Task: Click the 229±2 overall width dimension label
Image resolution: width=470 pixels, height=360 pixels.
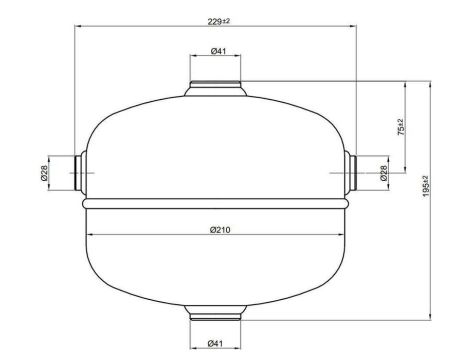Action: pyautogui.click(x=219, y=22)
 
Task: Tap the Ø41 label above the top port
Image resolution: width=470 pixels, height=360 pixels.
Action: pyautogui.click(x=219, y=51)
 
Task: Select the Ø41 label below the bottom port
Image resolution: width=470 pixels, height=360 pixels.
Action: pyautogui.click(x=215, y=343)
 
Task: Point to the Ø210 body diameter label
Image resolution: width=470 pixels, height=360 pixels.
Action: pyautogui.click(x=220, y=230)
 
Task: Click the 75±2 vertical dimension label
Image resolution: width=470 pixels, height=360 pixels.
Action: pyautogui.click(x=401, y=127)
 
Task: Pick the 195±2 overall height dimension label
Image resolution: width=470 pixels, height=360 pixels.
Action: pyautogui.click(x=426, y=186)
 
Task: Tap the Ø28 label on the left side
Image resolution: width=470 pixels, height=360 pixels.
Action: pyautogui.click(x=44, y=173)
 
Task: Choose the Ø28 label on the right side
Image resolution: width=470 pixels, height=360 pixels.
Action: pyautogui.click(x=384, y=173)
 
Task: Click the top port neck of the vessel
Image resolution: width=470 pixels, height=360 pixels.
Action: pyautogui.click(x=215, y=88)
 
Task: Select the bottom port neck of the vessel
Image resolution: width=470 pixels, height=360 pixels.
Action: pyautogui.click(x=215, y=312)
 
